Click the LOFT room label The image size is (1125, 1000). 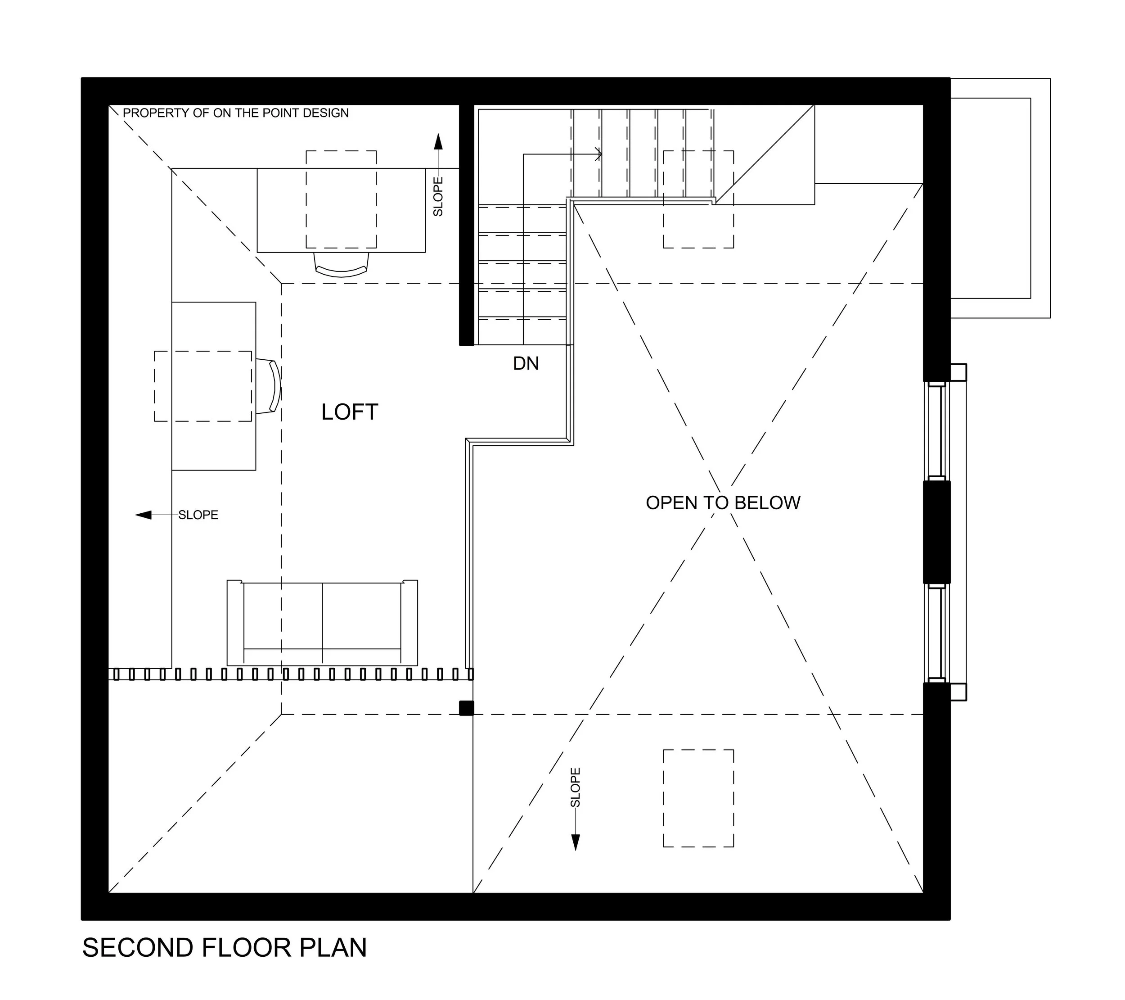click(x=350, y=412)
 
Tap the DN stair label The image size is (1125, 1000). click(x=526, y=363)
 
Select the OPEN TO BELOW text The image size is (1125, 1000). click(x=723, y=503)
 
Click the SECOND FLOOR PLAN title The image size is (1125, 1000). click(x=225, y=948)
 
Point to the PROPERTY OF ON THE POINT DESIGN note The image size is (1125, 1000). click(x=235, y=113)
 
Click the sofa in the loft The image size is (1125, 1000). click(x=323, y=623)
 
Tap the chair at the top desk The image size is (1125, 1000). click(x=341, y=265)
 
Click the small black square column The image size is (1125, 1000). click(x=466, y=708)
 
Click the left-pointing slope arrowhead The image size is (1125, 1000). click(x=144, y=515)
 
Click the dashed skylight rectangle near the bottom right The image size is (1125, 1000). click(x=698, y=798)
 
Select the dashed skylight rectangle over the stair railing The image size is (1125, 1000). click(x=698, y=199)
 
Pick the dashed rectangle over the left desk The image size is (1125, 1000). click(x=203, y=387)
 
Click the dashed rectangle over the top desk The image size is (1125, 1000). click(x=341, y=199)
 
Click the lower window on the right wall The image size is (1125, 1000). click(x=937, y=633)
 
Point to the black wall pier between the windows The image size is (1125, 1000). click(x=937, y=532)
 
